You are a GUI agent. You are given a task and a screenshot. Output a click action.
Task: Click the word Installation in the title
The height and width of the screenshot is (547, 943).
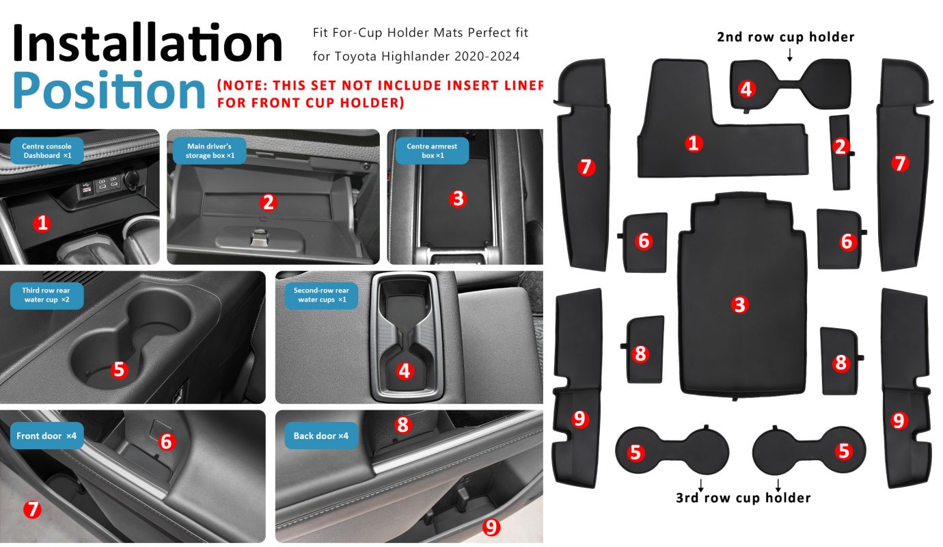(x=148, y=43)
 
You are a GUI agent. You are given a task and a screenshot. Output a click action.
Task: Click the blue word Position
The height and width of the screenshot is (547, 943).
(x=109, y=90)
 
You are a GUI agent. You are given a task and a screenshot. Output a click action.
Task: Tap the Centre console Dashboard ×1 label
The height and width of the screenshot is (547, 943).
(x=46, y=150)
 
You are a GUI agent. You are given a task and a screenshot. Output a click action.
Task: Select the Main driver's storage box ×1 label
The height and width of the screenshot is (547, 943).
(x=210, y=150)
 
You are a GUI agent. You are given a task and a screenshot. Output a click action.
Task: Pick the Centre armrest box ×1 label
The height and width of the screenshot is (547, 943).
(x=432, y=150)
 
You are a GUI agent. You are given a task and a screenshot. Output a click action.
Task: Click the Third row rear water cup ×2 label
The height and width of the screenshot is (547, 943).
(x=46, y=295)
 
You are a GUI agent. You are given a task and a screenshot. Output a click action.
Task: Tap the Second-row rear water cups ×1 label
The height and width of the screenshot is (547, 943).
(x=321, y=295)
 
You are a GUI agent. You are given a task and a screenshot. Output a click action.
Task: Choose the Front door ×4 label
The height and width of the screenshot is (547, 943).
(x=46, y=436)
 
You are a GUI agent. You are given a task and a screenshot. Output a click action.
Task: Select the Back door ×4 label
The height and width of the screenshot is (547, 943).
(x=321, y=436)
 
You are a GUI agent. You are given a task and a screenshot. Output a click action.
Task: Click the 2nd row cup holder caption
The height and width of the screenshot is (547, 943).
(x=786, y=38)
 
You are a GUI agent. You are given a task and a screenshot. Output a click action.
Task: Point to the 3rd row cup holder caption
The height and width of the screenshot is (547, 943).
(x=743, y=498)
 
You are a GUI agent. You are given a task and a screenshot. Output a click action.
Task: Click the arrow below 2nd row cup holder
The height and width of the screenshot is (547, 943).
(x=790, y=55)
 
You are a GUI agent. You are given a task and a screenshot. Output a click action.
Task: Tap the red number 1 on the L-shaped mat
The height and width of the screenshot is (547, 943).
(x=694, y=144)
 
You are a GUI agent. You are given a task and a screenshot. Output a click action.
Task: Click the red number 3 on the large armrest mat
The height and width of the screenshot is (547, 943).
(x=739, y=304)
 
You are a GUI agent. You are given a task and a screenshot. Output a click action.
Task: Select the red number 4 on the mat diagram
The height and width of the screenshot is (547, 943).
(x=746, y=90)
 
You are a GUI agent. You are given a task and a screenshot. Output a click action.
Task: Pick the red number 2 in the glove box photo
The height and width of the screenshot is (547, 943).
(x=268, y=202)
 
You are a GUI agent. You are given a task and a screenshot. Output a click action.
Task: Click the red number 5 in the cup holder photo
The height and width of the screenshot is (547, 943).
(x=119, y=370)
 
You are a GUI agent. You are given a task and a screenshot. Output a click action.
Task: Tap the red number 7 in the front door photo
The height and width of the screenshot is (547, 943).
(x=32, y=509)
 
